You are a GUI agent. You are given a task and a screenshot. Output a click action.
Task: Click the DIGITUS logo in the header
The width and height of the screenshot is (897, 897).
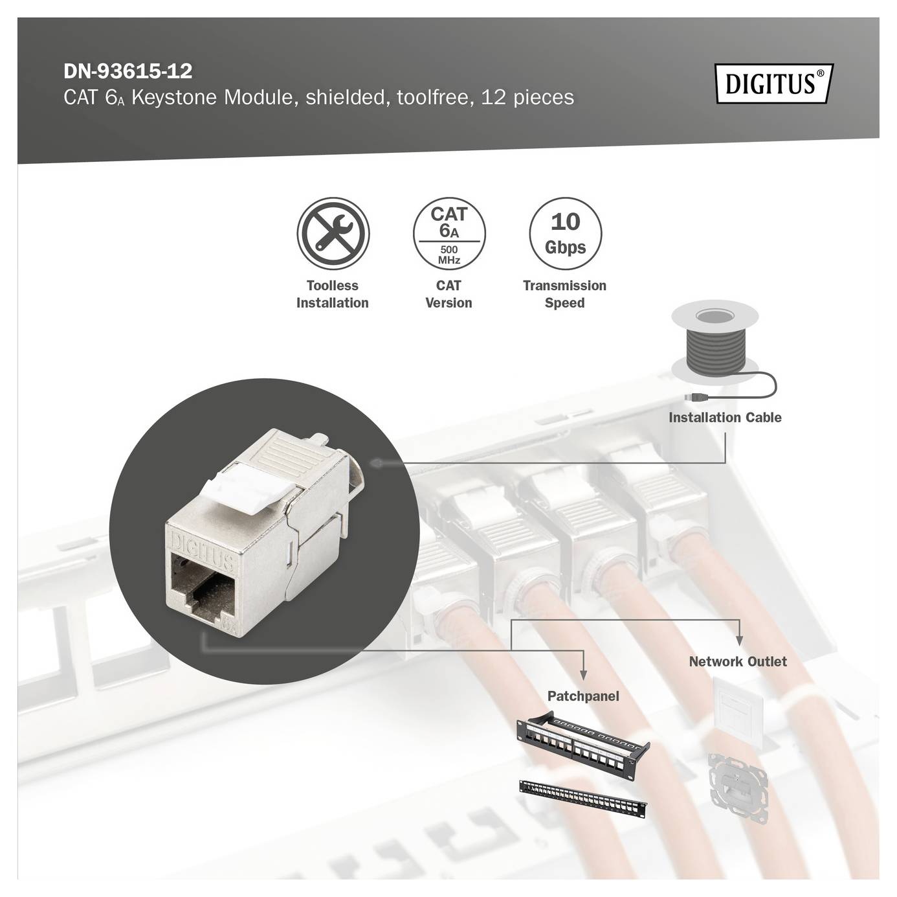click(x=773, y=84)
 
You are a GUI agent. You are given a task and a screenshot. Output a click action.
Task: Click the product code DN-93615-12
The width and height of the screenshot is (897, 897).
click(x=127, y=71)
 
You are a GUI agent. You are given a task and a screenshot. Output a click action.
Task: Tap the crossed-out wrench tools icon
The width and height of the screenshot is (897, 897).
click(x=333, y=233)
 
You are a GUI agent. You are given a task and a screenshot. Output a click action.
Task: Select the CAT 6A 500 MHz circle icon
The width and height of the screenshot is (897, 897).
click(x=448, y=234)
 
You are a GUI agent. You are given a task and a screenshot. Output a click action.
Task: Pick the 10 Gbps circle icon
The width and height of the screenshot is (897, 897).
click(x=564, y=234)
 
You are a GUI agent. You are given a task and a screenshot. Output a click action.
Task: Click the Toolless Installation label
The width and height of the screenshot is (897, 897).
click(x=332, y=294)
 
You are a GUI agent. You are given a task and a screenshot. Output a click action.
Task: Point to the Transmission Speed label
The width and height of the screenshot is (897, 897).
click(x=564, y=294)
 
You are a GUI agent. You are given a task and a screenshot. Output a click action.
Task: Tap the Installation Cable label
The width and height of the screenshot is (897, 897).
click(x=724, y=418)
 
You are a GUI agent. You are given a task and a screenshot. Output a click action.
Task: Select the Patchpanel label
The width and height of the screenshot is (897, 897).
click(x=582, y=696)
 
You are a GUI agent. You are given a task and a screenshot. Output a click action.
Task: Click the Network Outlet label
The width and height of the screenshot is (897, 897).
click(x=737, y=662)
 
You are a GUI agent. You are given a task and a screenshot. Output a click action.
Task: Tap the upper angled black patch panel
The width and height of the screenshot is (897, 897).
click(x=582, y=745)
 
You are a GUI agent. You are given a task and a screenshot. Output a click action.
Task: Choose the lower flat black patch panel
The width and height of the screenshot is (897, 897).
click(x=582, y=799)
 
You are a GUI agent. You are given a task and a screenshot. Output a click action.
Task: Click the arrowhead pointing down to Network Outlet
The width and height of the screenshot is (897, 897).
click(x=739, y=641)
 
